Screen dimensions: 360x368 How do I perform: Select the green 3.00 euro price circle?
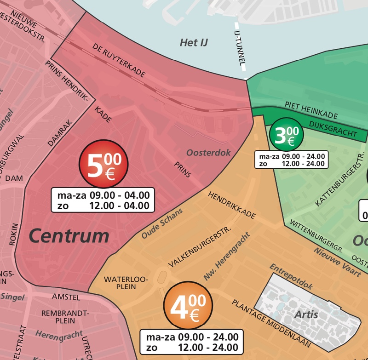pyautogui.click(x=287, y=135)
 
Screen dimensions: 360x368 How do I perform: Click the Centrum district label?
pyautogui.click(x=69, y=236)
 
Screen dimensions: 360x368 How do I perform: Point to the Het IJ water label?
pyautogui.click(x=194, y=43)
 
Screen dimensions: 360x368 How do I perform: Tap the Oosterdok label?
pyautogui.click(x=208, y=153)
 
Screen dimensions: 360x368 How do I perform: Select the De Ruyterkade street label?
pyautogui.click(x=119, y=61)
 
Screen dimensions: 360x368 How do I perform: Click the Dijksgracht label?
pyautogui.click(x=333, y=128)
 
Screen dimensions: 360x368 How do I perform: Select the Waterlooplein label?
pyautogui.click(x=120, y=283)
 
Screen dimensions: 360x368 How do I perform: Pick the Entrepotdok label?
pyautogui.click(x=291, y=276)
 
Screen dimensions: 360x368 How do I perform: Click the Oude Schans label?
pyautogui.click(x=162, y=223)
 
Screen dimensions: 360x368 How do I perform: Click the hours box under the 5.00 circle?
pyautogui.click(x=103, y=200)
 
